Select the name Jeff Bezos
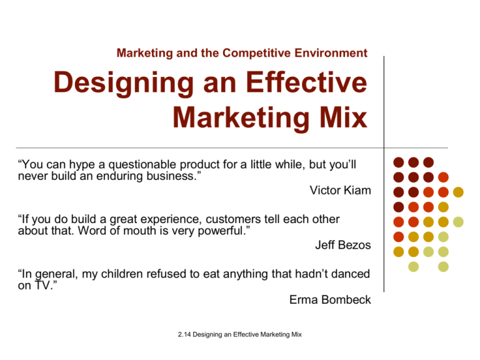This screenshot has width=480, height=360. click(342, 246)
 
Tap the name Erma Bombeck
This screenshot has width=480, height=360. click(330, 300)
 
